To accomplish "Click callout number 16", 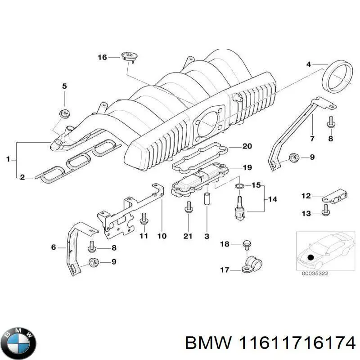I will pyautogui.click(x=103, y=57).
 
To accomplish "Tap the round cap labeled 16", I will pyautogui.click(x=128, y=56).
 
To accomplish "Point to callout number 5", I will pyautogui.click(x=64, y=86).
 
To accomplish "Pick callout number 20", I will pyautogui.click(x=247, y=146).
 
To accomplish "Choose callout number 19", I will pyautogui.click(x=247, y=168).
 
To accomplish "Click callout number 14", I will pyautogui.click(x=273, y=199).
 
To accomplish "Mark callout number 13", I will pyautogui.click(x=306, y=213).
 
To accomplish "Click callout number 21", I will pyautogui.click(x=188, y=236).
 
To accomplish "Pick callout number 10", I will pyautogui.click(x=162, y=236).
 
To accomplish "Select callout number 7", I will pyautogui.click(x=312, y=138).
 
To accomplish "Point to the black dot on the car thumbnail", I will pyautogui.click(x=310, y=258).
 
